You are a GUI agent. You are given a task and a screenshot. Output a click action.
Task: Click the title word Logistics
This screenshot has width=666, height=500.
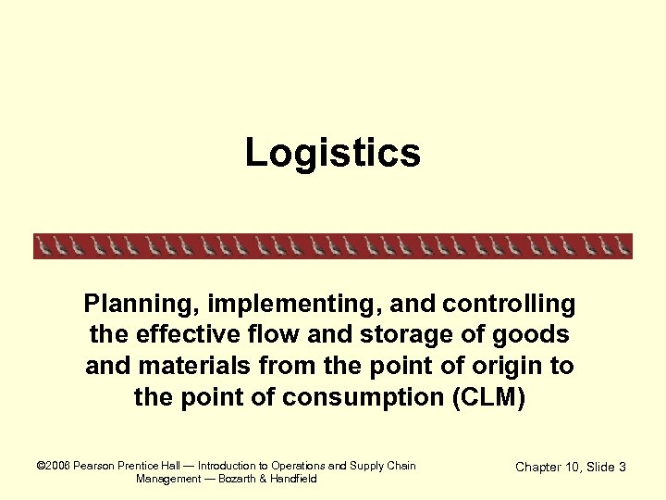click(333, 153)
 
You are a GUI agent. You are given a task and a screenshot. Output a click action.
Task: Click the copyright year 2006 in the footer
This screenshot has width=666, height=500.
click(58, 466)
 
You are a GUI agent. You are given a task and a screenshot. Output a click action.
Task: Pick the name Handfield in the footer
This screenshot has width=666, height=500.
click(291, 479)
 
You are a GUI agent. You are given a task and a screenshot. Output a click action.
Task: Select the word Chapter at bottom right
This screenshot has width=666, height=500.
click(542, 467)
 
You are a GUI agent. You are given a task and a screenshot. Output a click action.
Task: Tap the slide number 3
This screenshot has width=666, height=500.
click(623, 467)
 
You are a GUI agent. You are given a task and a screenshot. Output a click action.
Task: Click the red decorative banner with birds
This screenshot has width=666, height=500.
click(333, 245)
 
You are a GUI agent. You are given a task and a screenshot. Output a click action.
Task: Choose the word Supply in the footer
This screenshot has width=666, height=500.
click(367, 466)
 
